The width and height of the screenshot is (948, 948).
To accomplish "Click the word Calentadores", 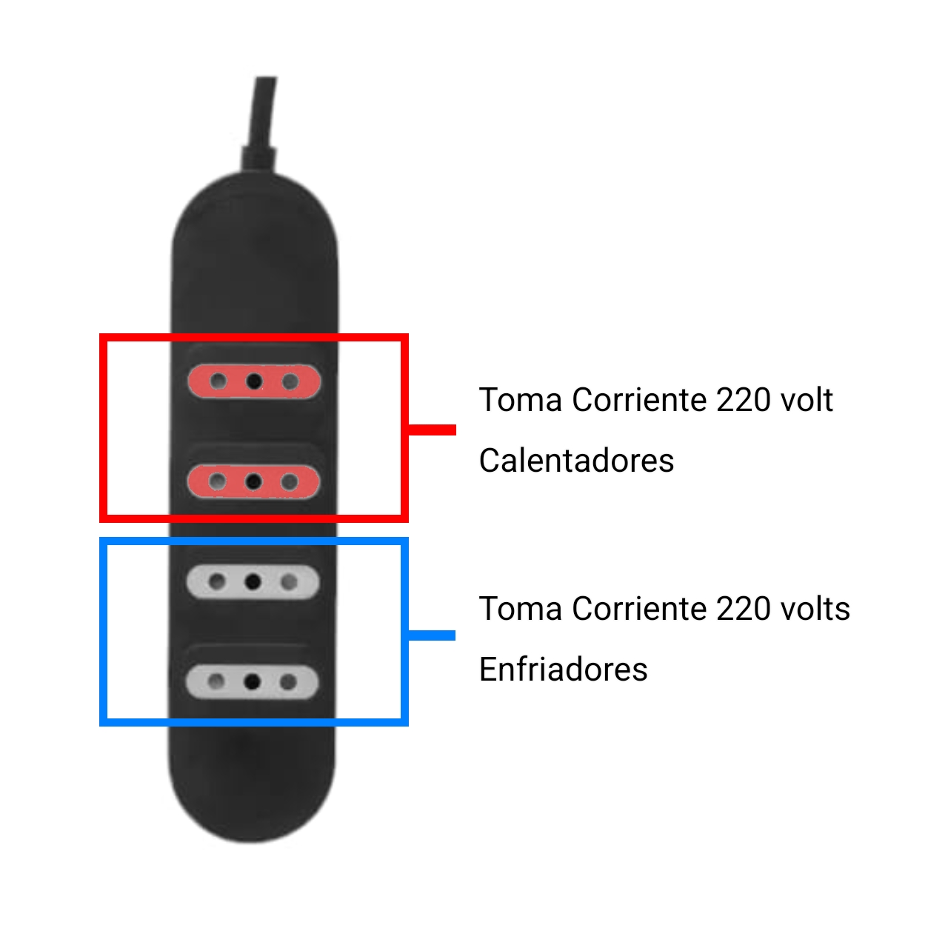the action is point(576,461).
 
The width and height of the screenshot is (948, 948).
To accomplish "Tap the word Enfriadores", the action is point(564,669).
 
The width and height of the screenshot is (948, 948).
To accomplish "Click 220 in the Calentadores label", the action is point(743,399).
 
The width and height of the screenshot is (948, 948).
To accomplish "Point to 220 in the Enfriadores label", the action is point(743,609).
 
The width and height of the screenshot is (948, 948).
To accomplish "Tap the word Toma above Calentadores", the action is point(520,399).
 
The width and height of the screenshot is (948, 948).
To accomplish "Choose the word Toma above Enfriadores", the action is point(520,609).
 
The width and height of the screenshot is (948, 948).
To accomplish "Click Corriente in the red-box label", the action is point(639,399).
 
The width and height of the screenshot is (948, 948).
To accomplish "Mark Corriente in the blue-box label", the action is point(639,609).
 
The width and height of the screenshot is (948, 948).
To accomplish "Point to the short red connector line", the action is point(433,430).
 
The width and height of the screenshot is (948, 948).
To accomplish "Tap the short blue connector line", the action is point(432,635).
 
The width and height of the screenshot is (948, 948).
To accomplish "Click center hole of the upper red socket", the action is point(254,381).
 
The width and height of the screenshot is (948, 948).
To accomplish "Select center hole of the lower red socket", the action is point(253,481).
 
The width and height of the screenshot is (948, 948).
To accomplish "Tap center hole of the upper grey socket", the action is point(253,582).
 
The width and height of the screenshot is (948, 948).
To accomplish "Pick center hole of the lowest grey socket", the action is point(253,682).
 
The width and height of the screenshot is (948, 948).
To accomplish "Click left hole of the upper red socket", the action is point(218,381).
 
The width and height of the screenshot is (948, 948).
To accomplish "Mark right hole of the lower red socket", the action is point(290,481).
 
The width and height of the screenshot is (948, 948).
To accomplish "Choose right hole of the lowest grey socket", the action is point(288,682).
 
